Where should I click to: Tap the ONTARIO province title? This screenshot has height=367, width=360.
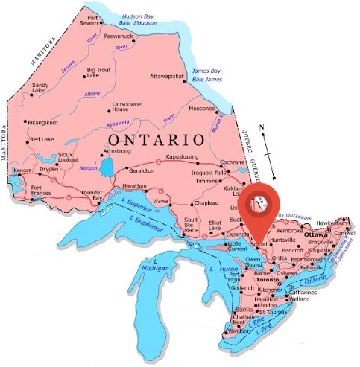pyautogui.click(x=155, y=139)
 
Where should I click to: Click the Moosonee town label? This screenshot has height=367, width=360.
pyautogui.click(x=202, y=108)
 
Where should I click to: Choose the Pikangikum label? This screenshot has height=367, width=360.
pyautogui.click(x=42, y=121)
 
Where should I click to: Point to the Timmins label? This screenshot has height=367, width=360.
pyautogui.click(x=206, y=181)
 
